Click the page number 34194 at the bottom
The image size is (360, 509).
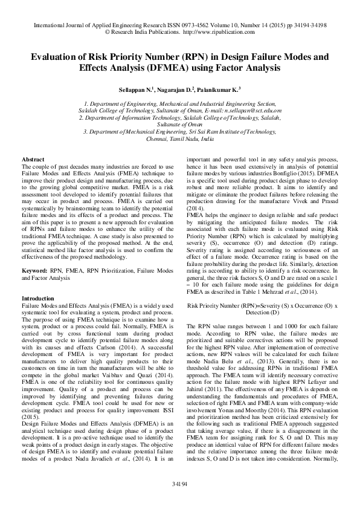click(179, 484)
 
